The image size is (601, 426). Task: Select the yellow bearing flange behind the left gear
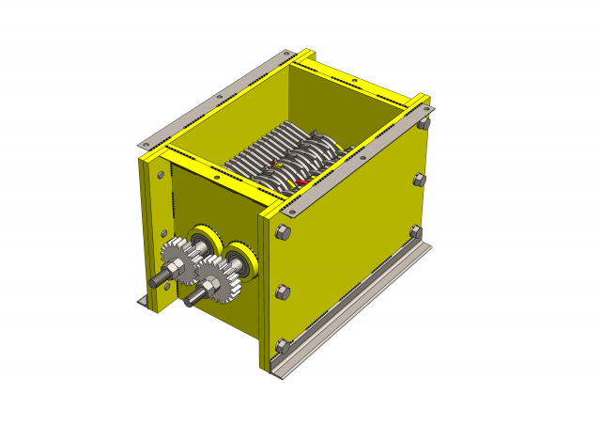coord(204,239)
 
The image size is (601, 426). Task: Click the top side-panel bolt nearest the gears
coord(285,234)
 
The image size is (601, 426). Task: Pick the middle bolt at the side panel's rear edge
coord(419,179)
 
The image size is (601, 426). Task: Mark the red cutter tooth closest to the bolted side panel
coord(301,181)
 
